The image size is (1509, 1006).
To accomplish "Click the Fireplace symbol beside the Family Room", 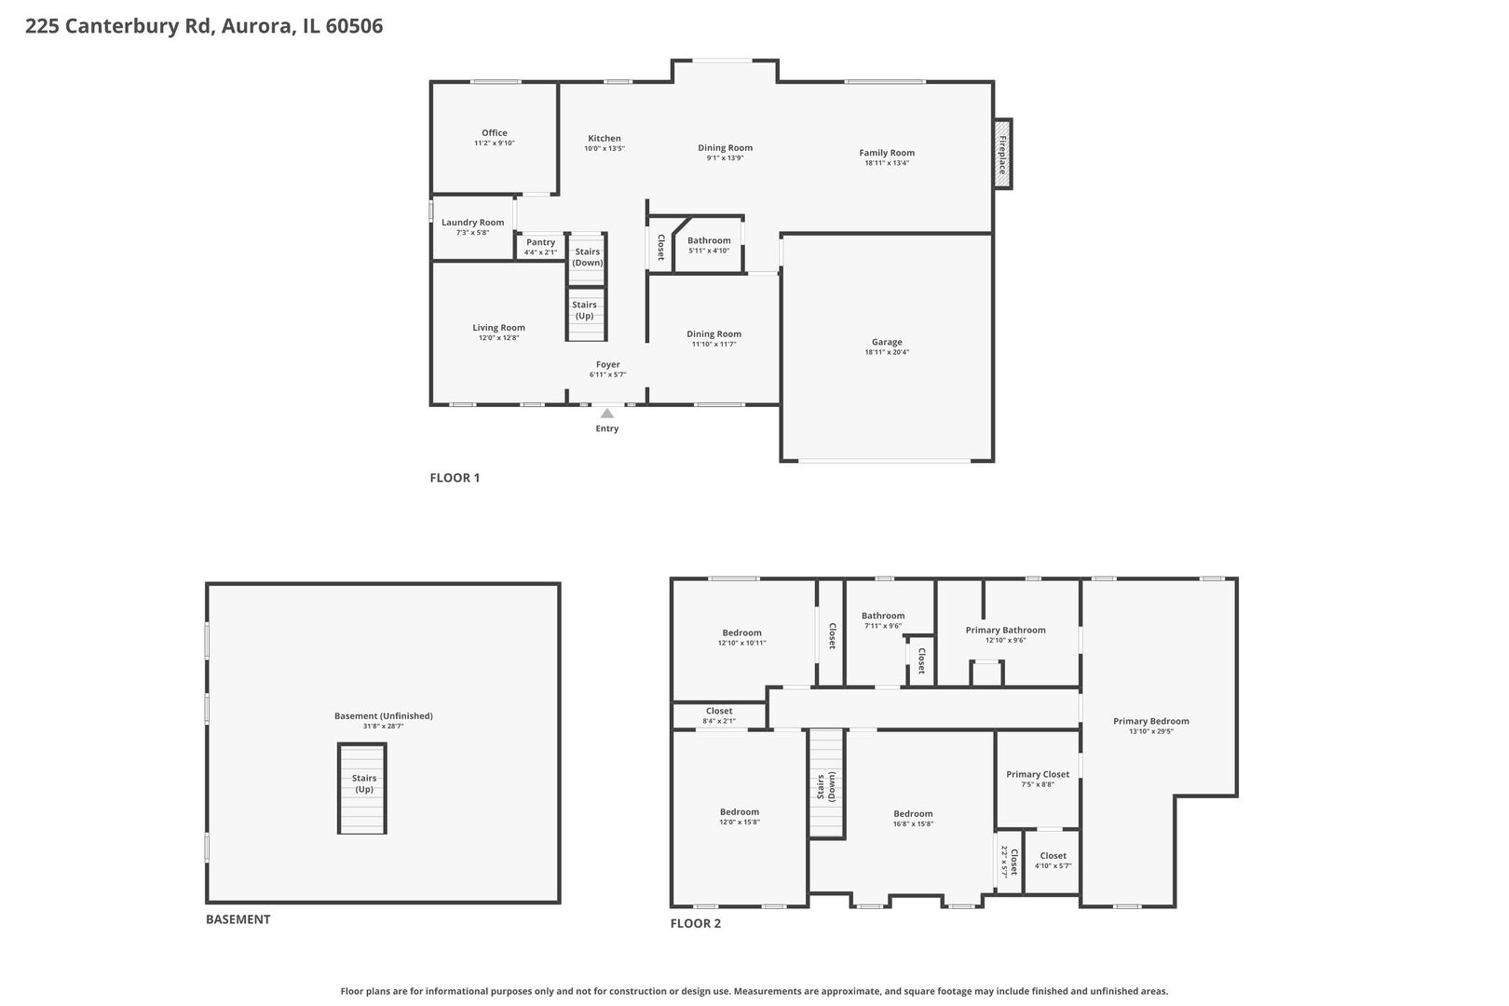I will [1002, 154].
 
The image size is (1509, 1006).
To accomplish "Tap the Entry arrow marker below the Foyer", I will [607, 412].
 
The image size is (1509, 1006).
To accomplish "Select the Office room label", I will [495, 133].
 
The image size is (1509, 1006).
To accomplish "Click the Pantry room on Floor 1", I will [540, 247].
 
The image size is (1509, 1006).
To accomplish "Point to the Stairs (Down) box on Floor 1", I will [588, 258].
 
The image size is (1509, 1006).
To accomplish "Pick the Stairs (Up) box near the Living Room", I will [585, 311].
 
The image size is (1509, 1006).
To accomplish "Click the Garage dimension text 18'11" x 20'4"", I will [887, 353].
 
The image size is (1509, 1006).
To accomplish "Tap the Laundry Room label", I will [472, 223].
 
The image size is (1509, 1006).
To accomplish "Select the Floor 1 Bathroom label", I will [709, 241].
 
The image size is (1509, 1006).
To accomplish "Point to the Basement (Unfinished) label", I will [383, 716].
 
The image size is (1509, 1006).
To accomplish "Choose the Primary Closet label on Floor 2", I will [1038, 775].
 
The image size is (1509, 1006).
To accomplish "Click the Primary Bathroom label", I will [1005, 631].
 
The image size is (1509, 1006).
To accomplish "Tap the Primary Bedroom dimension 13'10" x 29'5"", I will [1150, 732].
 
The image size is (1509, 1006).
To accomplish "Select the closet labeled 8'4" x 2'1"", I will [718, 715].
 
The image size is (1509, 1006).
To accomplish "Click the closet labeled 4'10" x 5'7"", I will [1053, 861].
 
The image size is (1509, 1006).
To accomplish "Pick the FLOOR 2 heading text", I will [696, 924].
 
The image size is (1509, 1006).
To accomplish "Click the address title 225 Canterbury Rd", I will [203, 26].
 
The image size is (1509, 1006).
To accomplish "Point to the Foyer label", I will [607, 365].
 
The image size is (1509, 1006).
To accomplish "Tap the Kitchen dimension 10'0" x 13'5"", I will [604, 149].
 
